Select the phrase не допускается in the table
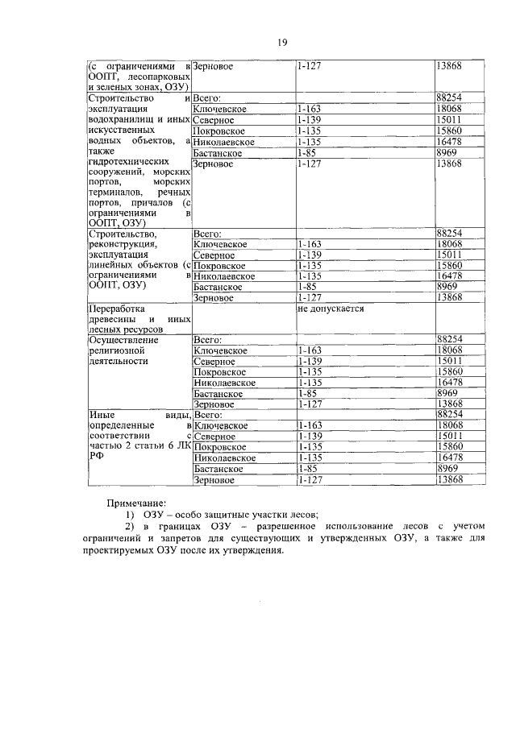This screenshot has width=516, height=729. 331,309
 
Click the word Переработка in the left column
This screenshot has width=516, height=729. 115,309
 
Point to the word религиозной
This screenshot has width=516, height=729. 116,351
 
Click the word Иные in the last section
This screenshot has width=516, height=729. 98,414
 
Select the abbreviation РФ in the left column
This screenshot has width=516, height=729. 94,456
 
